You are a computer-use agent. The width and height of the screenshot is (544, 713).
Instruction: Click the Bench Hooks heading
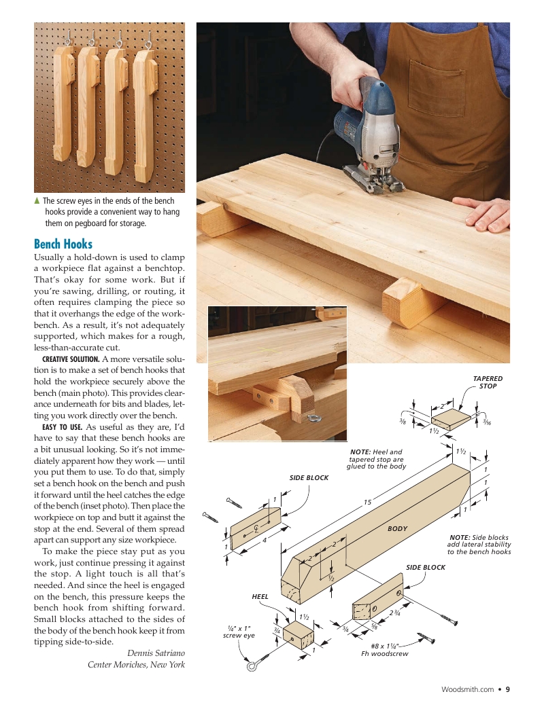[x=63, y=244]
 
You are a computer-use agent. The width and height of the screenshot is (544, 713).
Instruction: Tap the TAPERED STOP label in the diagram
[x=487, y=382]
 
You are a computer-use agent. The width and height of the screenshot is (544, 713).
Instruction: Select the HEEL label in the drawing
[x=260, y=596]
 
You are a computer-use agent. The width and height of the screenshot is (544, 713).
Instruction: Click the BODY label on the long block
[x=397, y=528]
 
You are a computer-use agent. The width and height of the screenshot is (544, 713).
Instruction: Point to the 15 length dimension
[x=367, y=502]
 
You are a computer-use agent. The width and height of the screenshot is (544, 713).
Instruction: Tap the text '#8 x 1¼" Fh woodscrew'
[x=385, y=650]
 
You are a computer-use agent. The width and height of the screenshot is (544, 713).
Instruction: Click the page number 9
[x=507, y=689]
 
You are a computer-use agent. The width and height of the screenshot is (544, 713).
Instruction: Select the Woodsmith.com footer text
[x=467, y=689]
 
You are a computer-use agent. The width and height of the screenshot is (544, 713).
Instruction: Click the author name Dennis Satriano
[x=156, y=653]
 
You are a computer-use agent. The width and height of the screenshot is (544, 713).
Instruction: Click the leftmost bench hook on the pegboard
[x=65, y=102]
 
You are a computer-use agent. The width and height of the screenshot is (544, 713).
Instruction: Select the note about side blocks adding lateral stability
[x=479, y=544]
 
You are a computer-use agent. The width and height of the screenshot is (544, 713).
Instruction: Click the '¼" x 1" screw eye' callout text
[x=239, y=632]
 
